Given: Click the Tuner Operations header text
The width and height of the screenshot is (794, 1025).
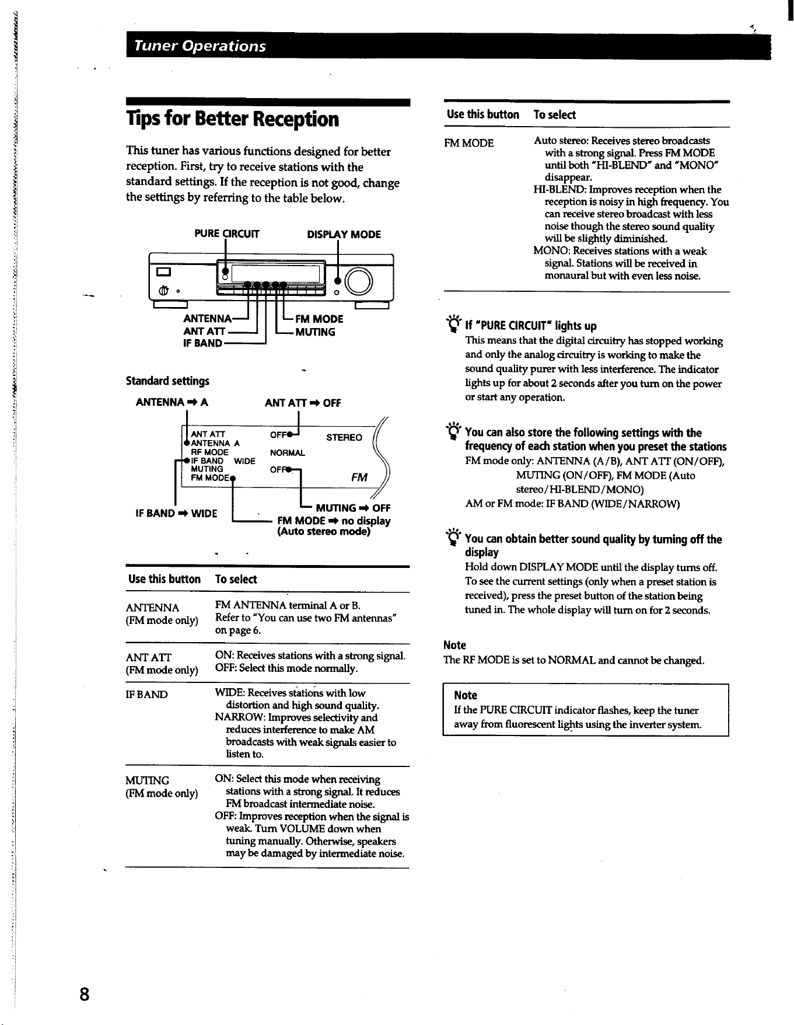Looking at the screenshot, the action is click(x=200, y=46).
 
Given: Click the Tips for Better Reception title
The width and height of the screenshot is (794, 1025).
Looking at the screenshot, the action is click(x=232, y=119).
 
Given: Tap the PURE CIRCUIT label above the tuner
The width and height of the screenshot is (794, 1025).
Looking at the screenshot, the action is click(x=227, y=234).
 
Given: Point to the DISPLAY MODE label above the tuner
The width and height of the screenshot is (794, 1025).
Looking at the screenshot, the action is click(x=344, y=234).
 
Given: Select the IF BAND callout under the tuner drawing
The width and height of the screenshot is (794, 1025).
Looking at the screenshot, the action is click(x=202, y=343).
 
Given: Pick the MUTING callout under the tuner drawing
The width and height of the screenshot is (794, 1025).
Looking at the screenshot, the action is click(x=315, y=332).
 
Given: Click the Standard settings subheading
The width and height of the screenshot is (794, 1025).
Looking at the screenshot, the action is click(x=167, y=381).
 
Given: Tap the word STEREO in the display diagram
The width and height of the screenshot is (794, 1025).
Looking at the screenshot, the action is click(x=344, y=438).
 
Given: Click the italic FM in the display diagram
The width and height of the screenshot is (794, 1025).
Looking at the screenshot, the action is click(x=359, y=477).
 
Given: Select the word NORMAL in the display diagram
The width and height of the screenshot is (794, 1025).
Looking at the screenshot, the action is click(x=288, y=453).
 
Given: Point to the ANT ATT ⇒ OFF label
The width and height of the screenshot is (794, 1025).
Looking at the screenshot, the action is click(x=303, y=403).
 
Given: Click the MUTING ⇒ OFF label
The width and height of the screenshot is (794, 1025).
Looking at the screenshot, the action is click(x=353, y=508).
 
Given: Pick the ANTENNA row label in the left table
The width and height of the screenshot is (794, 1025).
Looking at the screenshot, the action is click(x=153, y=608).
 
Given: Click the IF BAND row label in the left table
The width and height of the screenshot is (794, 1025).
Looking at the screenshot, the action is click(x=146, y=695).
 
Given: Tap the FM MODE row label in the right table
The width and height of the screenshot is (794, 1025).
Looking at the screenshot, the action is click(x=468, y=143).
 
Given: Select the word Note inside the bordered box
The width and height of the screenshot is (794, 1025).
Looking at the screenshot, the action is click(x=466, y=695).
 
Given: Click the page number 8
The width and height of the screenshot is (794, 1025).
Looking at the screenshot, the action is click(x=85, y=994).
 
